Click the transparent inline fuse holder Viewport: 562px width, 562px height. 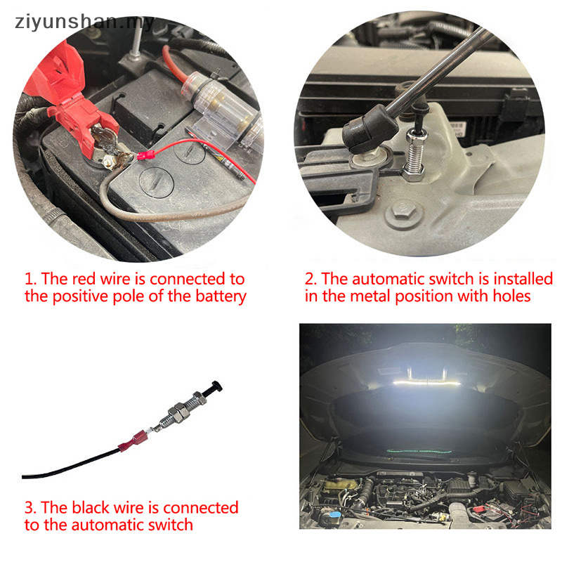pos(218,116)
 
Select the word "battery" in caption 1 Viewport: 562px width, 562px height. pos(218,296)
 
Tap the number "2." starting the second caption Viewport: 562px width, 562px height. pos(312,279)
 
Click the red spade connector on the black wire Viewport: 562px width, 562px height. pos(134,443)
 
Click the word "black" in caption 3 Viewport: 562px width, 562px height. pos(98,507)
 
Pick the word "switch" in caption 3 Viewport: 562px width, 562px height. pos(168,524)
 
